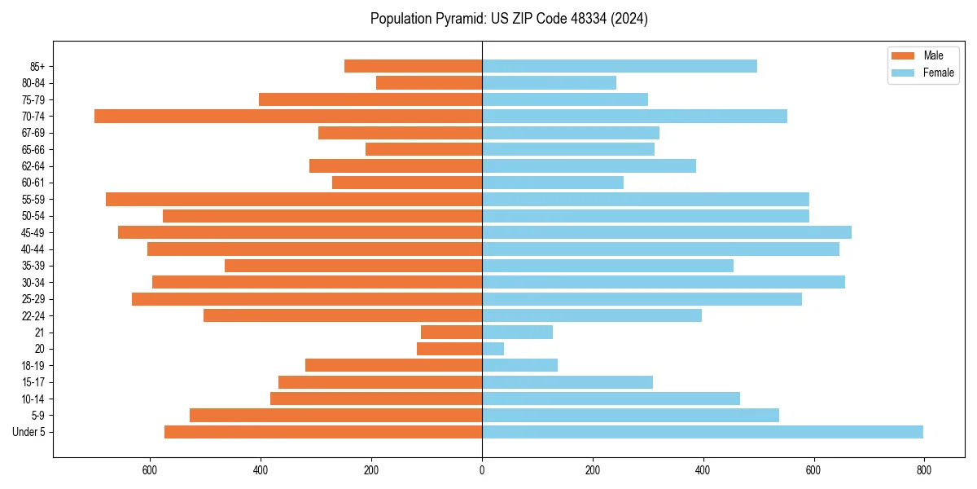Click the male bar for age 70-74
[288, 116]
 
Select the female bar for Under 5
[702, 432]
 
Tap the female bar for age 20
[493, 349]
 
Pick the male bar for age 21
[451, 332]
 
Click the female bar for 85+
[619, 66]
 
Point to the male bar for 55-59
[294, 199]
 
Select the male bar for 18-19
[393, 365]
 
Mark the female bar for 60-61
[552, 183]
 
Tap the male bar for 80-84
[429, 82]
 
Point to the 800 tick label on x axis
[924, 470]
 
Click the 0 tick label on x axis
[482, 470]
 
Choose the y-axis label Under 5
[28, 432]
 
